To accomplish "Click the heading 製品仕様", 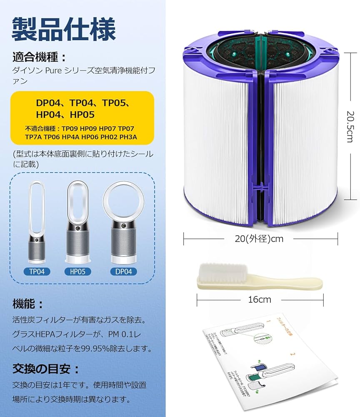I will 63,29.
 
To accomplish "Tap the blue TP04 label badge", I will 37,271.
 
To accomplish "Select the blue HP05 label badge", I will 77,271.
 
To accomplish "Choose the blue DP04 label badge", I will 124,271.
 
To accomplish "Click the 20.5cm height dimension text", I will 349,126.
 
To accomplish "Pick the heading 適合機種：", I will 40,57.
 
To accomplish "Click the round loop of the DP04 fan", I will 124,202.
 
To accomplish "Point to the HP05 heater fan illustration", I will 77,225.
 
